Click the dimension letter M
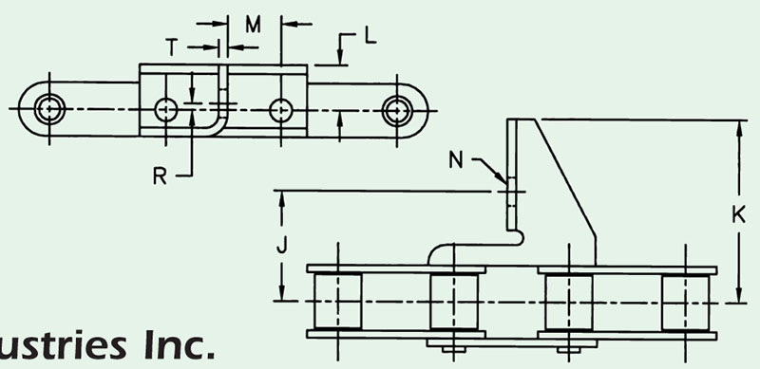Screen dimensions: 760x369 253,25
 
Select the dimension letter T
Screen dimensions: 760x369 172,47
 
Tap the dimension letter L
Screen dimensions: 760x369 370,36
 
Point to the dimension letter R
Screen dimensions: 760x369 160,176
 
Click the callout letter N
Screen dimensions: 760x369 456,159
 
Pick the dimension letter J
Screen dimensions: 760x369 281,245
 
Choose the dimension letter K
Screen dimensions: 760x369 738,214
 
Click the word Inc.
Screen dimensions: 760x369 180,345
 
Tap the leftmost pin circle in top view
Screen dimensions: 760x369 49,109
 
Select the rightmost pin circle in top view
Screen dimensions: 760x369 397,110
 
